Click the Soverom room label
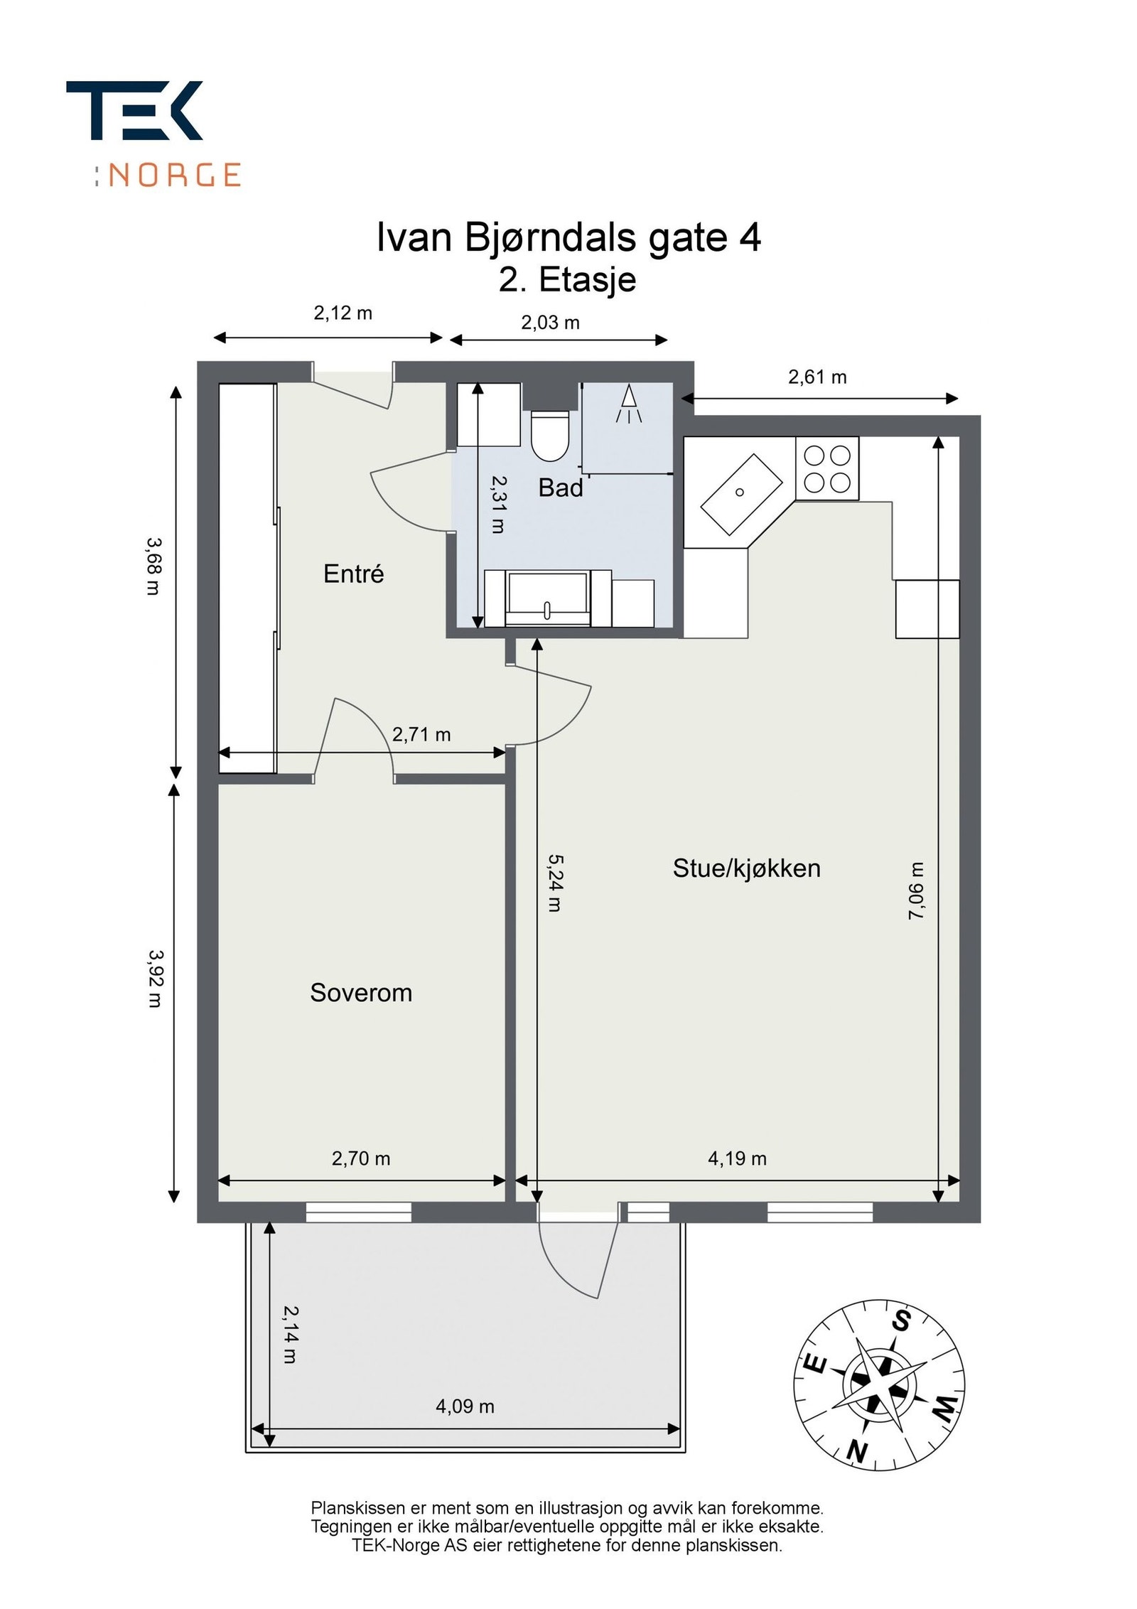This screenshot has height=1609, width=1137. (361, 993)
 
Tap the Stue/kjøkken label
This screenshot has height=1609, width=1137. (746, 868)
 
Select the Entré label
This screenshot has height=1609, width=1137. (353, 574)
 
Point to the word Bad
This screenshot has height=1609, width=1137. (561, 488)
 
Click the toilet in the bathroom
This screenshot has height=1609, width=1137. (550, 435)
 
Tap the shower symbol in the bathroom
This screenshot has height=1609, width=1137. (628, 405)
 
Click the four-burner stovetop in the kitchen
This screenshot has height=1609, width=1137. (827, 468)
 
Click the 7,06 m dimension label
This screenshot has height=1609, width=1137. (917, 891)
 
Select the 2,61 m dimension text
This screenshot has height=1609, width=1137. (817, 377)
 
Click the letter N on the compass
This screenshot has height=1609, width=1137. (858, 1451)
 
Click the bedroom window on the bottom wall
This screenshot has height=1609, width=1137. (358, 1212)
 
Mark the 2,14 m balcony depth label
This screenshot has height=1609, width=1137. (291, 1335)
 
